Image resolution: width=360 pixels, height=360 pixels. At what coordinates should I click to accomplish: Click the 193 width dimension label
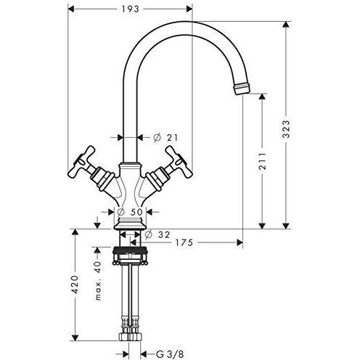click(130, 9)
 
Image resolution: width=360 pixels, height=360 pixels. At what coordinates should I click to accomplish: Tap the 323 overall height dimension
click(286, 129)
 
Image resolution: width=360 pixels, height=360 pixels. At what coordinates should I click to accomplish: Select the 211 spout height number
click(262, 161)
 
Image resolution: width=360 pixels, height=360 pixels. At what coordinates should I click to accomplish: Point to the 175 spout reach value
click(184, 242)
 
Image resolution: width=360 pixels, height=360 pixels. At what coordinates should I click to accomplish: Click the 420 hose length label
click(75, 285)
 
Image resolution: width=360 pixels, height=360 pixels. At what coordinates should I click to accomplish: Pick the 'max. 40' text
click(98, 280)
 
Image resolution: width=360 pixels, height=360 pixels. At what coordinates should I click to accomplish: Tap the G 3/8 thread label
click(170, 354)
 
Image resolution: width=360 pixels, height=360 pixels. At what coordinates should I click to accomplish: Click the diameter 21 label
click(165, 138)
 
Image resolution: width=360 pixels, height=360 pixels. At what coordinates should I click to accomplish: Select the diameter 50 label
click(130, 212)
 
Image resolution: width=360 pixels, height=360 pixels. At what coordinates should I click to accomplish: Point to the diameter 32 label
click(157, 234)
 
